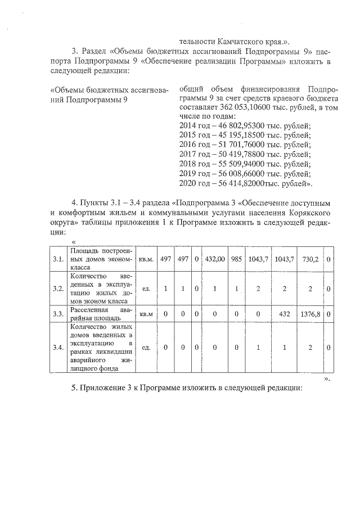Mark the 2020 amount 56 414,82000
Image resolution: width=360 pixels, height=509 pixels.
click(x=233, y=183)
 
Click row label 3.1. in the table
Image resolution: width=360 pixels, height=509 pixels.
click(x=57, y=259)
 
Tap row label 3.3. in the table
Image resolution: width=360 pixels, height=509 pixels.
click(x=57, y=313)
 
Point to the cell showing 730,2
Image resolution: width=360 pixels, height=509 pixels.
click(x=310, y=259)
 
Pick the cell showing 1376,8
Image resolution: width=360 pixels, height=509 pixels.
click(x=310, y=313)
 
